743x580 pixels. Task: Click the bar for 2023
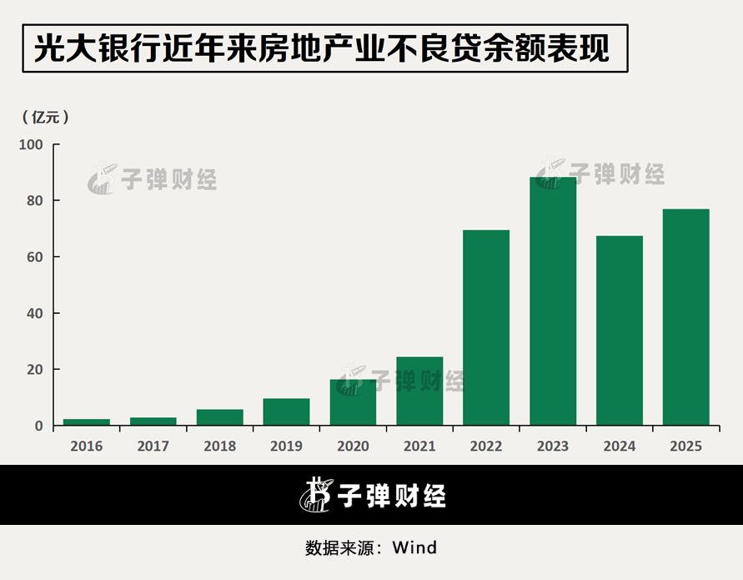click(553, 300)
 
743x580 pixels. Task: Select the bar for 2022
click(486, 327)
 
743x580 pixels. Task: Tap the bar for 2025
click(686, 317)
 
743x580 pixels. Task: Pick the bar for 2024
click(620, 330)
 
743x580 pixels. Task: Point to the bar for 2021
click(419, 391)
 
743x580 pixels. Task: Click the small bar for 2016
click(87, 422)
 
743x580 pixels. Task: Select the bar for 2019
click(286, 411)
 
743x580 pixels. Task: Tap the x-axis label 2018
click(219, 446)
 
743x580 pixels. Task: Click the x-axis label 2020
click(353, 446)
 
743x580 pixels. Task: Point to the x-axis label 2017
click(153, 446)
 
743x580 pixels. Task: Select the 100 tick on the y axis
click(30, 144)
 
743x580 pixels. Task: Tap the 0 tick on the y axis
click(38, 426)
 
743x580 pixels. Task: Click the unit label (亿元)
click(45, 117)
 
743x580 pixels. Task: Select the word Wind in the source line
click(414, 548)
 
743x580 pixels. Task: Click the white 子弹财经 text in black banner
click(392, 496)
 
